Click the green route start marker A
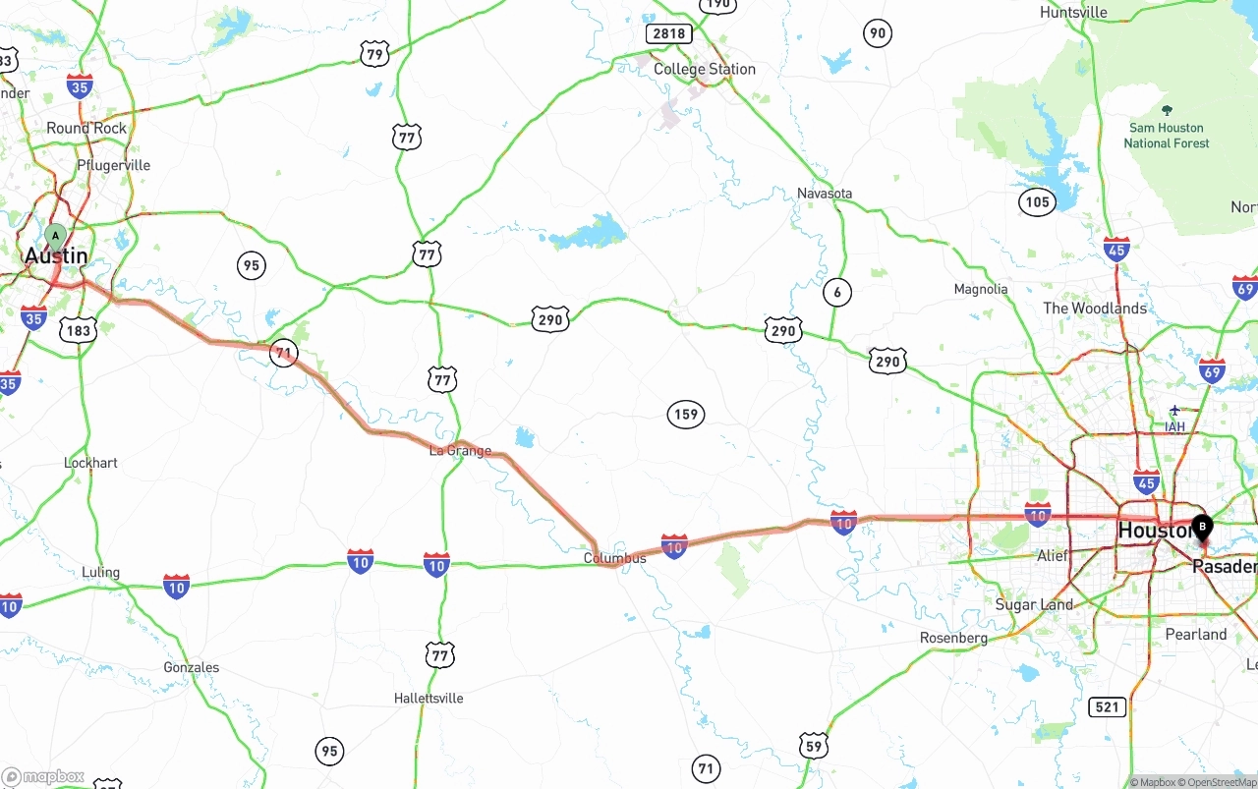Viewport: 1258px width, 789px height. pos(56,236)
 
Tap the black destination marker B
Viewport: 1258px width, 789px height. pos(1201,528)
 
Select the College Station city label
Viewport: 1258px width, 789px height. pos(705,69)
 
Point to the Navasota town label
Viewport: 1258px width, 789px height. pos(825,193)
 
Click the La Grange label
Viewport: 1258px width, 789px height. pos(460,451)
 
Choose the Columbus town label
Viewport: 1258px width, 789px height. pos(615,558)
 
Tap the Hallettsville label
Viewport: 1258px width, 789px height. pos(429,698)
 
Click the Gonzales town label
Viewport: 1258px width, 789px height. pos(192,667)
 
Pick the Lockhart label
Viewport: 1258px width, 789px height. pos(90,462)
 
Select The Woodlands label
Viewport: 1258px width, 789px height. pos(1095,308)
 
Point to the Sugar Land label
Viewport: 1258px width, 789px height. pos(1034,604)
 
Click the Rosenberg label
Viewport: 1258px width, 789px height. pos(953,638)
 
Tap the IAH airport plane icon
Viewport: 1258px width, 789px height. pos(1174,410)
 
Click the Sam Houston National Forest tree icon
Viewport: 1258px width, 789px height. pos(1167,110)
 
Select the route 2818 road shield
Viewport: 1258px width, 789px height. pos(668,33)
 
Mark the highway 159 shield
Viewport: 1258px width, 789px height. pos(686,414)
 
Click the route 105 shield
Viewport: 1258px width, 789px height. pos(1037,202)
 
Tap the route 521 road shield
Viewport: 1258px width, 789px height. pos(1108,706)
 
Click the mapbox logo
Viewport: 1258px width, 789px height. pos(44,777)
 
